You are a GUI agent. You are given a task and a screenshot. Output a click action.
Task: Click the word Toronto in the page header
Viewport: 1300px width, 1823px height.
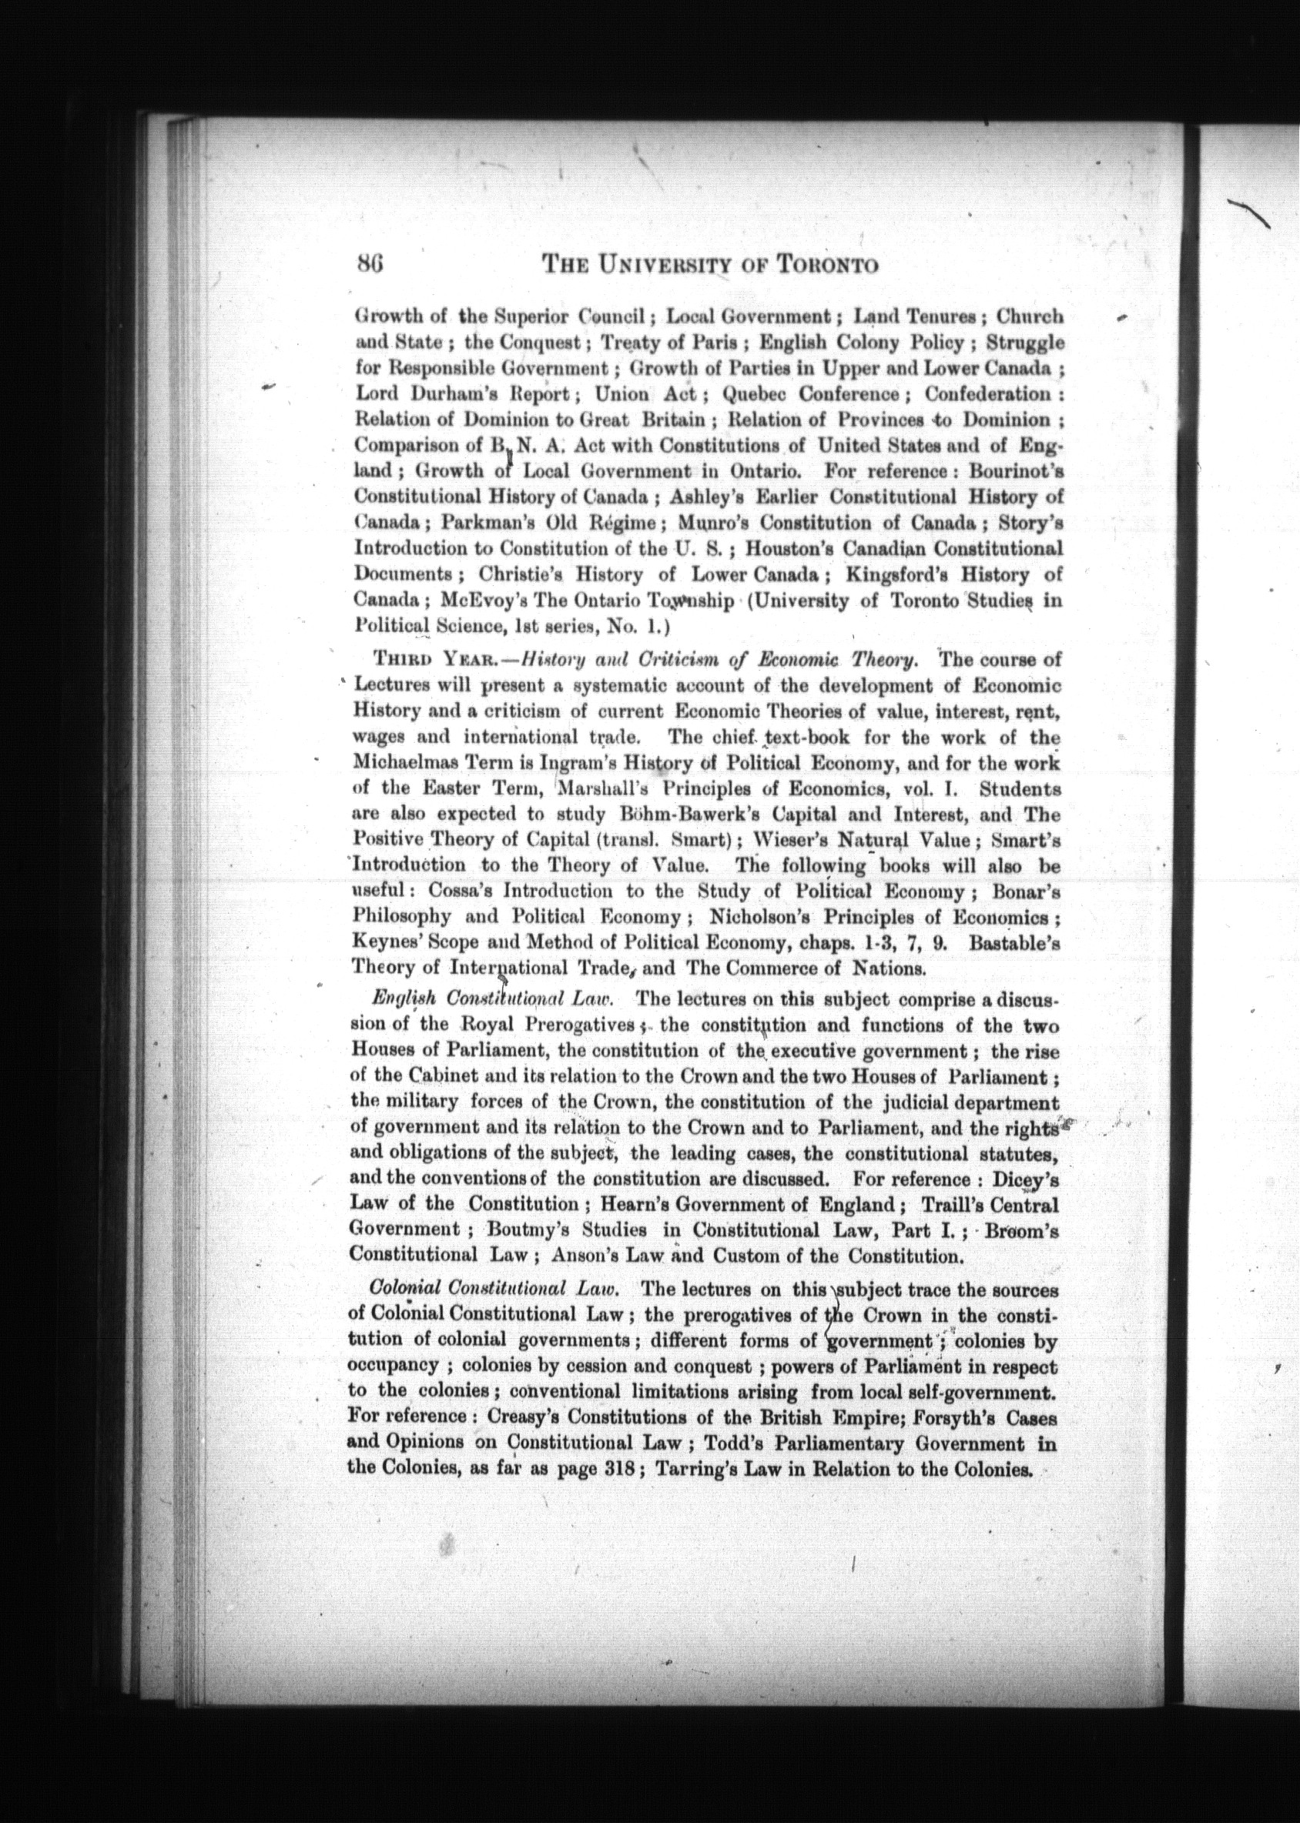tap(829, 265)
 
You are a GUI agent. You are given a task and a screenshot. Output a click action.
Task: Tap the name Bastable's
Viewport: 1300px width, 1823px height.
tap(1014, 943)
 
